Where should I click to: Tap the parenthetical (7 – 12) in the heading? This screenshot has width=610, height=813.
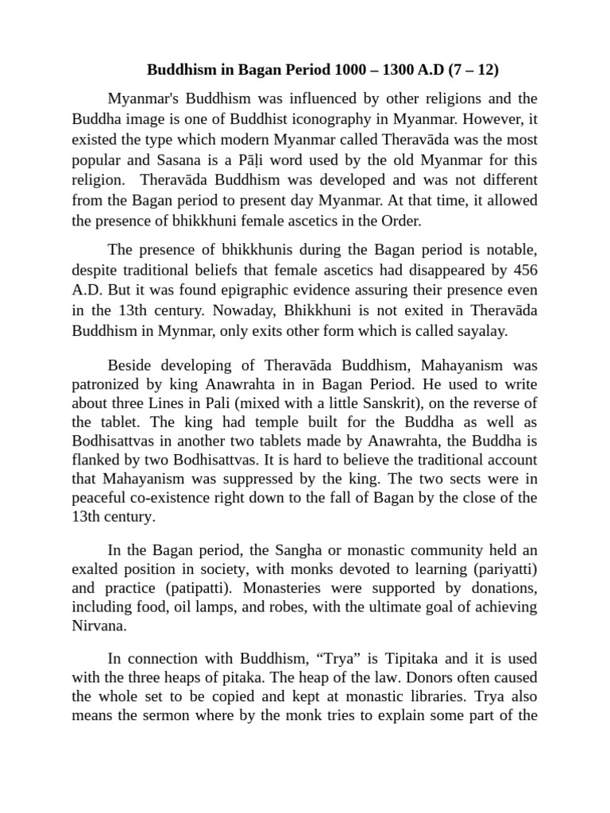point(473,70)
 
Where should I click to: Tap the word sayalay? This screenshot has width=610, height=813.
point(479,332)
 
